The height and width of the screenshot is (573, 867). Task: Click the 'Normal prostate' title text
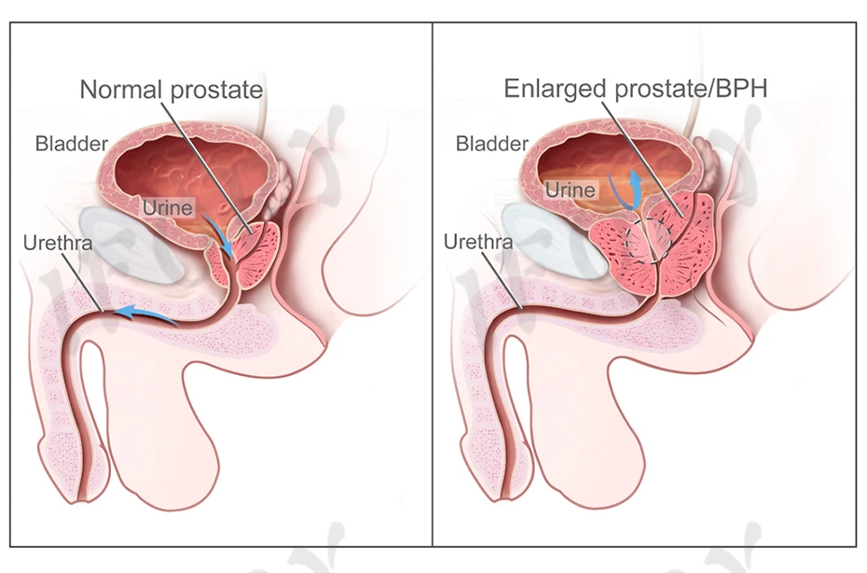pyautogui.click(x=172, y=91)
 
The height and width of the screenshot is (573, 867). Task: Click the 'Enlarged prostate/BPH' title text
pyautogui.click(x=635, y=90)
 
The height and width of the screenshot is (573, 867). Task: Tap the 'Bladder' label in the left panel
pyautogui.click(x=72, y=144)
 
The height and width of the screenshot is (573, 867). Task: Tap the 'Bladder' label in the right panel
pyautogui.click(x=492, y=144)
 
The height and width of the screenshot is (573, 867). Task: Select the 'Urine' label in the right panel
pyautogui.click(x=570, y=189)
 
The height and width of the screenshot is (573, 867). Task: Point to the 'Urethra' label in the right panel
pyautogui.click(x=477, y=243)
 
